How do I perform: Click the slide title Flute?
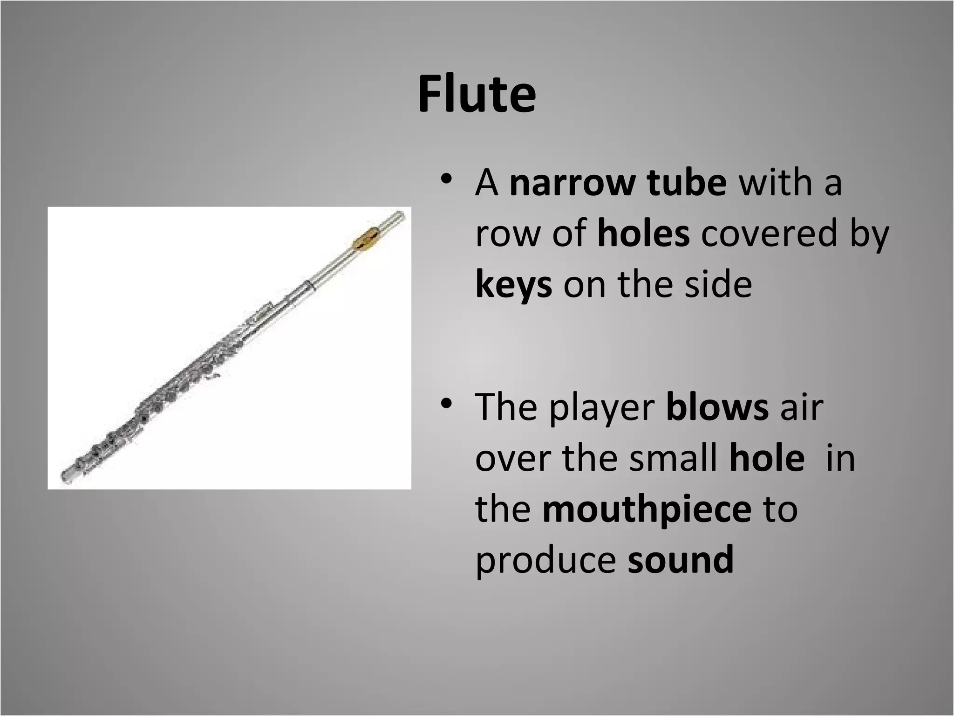click(477, 94)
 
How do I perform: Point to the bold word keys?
click(513, 285)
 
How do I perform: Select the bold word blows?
click(717, 407)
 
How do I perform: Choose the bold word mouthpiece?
click(647, 510)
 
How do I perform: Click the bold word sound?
click(681, 560)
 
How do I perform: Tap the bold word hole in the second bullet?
click(767, 458)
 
